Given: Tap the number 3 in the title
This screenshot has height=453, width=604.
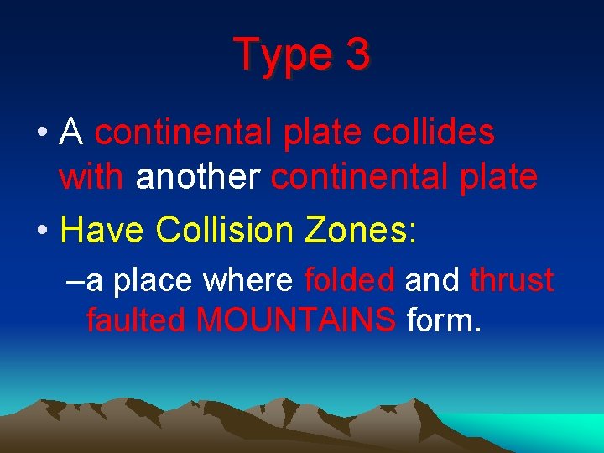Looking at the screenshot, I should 357,54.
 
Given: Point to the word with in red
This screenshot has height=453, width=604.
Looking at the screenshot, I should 92,178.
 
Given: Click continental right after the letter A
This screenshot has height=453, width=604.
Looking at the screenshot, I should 182,133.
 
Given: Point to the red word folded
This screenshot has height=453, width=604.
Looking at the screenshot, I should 350,281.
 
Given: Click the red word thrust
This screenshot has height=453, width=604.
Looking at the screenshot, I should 512,281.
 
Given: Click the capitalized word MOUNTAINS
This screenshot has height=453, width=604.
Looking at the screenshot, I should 295,320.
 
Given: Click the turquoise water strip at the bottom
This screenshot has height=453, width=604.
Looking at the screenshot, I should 554,430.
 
